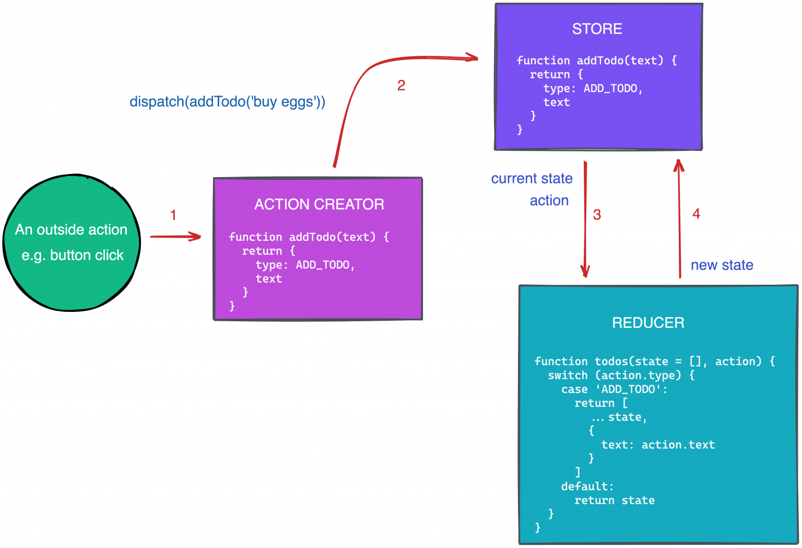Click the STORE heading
597,29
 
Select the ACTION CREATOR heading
319,204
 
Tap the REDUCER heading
648,323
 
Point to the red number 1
173,215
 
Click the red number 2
401,85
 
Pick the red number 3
597,215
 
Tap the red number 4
696,214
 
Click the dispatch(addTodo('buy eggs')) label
227,101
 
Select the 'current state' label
532,179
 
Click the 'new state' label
722,265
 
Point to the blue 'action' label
549,201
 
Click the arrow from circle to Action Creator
175,237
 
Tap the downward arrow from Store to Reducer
585,219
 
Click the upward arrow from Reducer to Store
679,219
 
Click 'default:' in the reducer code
587,486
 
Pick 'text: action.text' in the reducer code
658,445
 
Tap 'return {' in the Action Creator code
268,251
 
